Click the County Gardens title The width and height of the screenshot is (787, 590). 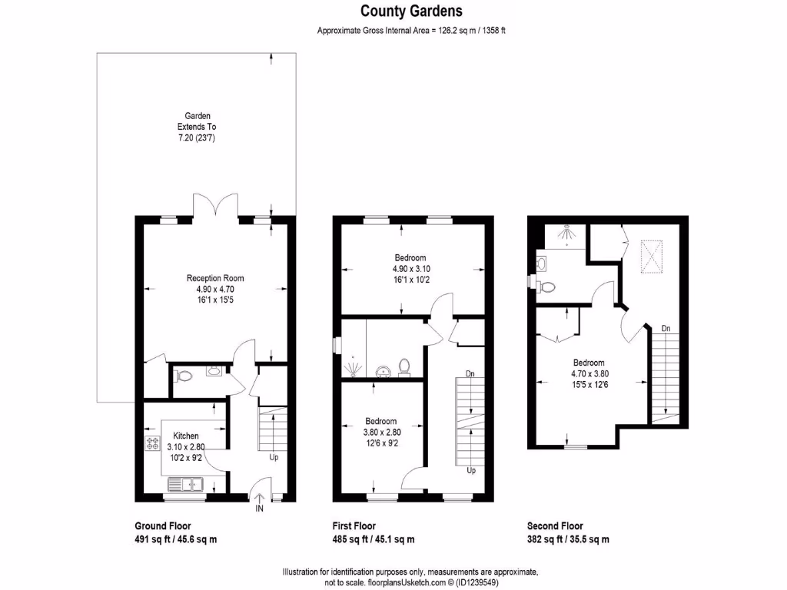pos(411,11)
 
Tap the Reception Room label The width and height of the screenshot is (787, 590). pos(215,278)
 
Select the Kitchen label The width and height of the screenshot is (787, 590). pos(185,436)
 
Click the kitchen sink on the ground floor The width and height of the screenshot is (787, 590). pos(184,484)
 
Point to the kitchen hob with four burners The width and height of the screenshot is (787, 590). pos(150,443)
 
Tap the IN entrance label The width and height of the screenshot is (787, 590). pos(260,509)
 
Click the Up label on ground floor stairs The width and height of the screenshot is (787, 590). pos(274,458)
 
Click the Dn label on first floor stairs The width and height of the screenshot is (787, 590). pos(470,374)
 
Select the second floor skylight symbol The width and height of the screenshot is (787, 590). pos(652,257)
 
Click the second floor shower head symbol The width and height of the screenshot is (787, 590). pos(566,232)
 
